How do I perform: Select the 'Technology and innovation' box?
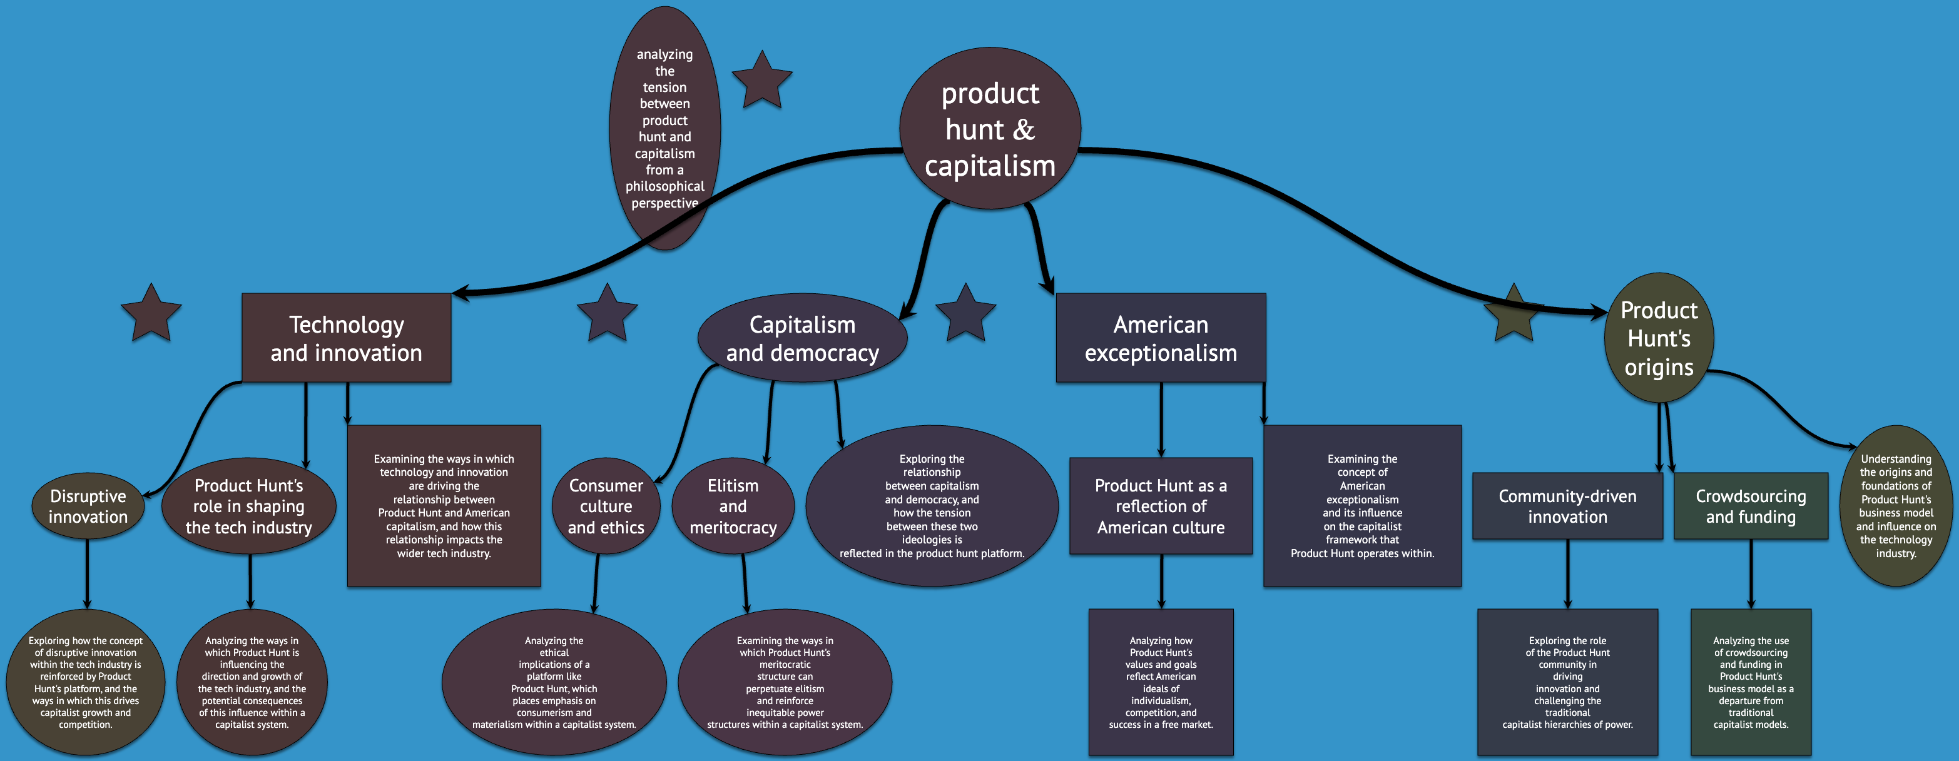coord(346,338)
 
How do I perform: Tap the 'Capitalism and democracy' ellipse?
coord(802,338)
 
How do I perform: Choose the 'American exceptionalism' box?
coord(1161,338)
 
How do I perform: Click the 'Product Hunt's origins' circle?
coord(1659,338)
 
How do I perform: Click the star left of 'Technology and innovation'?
coord(151,313)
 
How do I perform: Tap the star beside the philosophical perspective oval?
coord(762,81)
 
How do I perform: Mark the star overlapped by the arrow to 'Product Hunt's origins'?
coord(1513,315)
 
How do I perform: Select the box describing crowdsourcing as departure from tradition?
coord(1751,682)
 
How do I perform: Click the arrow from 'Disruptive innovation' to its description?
coord(87,574)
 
